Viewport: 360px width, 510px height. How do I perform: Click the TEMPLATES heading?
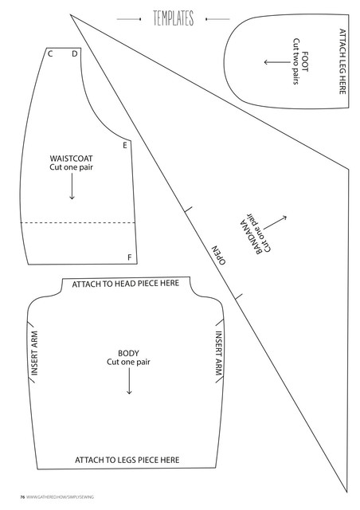tap(174, 18)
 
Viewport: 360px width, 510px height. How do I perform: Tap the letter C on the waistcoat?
tap(50, 53)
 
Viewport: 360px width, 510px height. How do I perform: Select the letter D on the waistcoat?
tap(75, 53)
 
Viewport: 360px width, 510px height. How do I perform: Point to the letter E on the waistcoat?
tap(125, 145)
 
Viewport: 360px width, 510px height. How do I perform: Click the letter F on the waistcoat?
tap(130, 257)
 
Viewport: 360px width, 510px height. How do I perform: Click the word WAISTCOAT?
tap(71, 159)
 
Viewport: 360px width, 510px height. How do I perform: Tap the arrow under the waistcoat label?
tap(72, 186)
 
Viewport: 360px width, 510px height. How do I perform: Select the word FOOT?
tap(305, 61)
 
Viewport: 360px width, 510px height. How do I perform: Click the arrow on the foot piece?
tap(276, 62)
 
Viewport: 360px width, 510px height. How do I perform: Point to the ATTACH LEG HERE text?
tap(342, 62)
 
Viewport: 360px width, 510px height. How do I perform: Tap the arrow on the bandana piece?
tap(275, 222)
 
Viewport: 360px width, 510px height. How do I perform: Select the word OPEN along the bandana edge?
tap(218, 255)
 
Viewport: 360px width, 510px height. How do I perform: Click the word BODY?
tap(128, 353)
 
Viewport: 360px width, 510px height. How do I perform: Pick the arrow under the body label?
tap(129, 381)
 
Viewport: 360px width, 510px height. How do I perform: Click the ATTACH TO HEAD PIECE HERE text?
tap(126, 284)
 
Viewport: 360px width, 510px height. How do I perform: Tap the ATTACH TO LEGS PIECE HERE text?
tap(127, 460)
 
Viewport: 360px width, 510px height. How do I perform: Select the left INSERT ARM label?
tap(34, 353)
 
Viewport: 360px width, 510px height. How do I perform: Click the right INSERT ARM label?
tap(218, 353)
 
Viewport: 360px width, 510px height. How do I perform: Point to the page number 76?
tap(22, 496)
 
